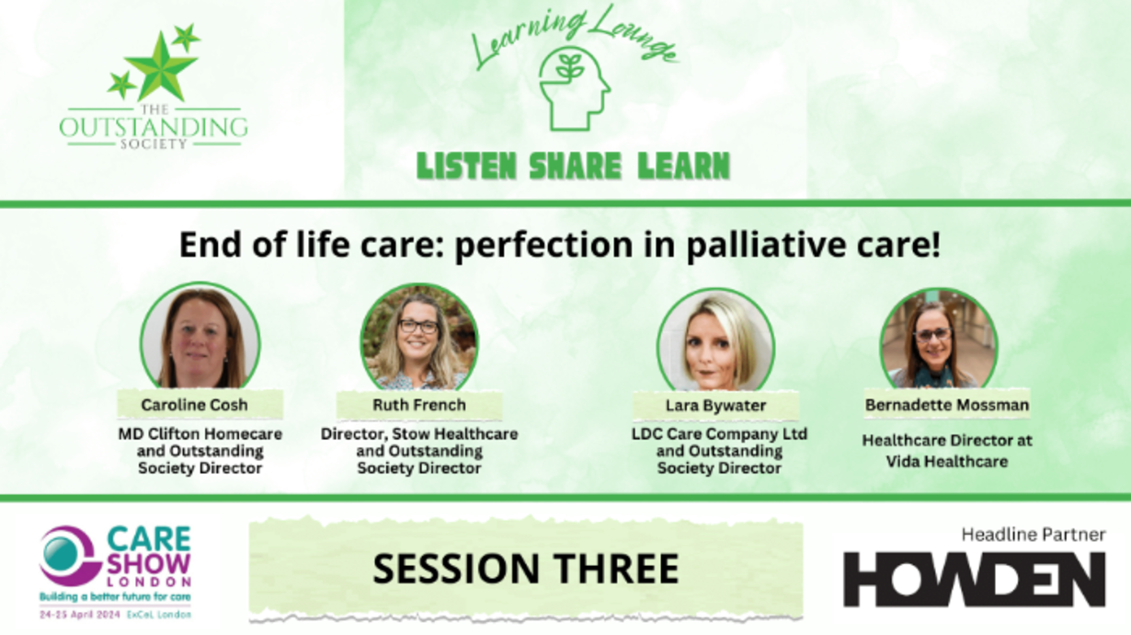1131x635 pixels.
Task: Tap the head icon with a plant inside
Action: click(574, 89)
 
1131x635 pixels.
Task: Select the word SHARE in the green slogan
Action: click(575, 166)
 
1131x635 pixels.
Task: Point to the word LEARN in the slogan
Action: click(684, 166)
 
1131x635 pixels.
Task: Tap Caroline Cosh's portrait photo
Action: click(200, 336)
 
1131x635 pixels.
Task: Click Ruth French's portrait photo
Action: click(419, 337)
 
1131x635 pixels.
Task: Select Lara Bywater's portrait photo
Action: click(715, 340)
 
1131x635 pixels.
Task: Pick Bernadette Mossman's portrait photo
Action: click(939, 339)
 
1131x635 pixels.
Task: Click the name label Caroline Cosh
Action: click(194, 405)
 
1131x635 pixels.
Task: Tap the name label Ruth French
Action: click(419, 405)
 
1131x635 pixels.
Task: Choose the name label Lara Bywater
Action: click(715, 406)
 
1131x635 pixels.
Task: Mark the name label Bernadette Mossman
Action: click(947, 405)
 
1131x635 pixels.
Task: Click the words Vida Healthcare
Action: click(947, 462)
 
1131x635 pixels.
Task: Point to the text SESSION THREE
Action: click(526, 569)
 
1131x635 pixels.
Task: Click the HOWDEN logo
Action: click(975, 579)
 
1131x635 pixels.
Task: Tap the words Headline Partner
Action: click(1034, 535)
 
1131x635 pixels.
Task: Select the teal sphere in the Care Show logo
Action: click(60, 554)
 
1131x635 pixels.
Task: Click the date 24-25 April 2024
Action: click(80, 615)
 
